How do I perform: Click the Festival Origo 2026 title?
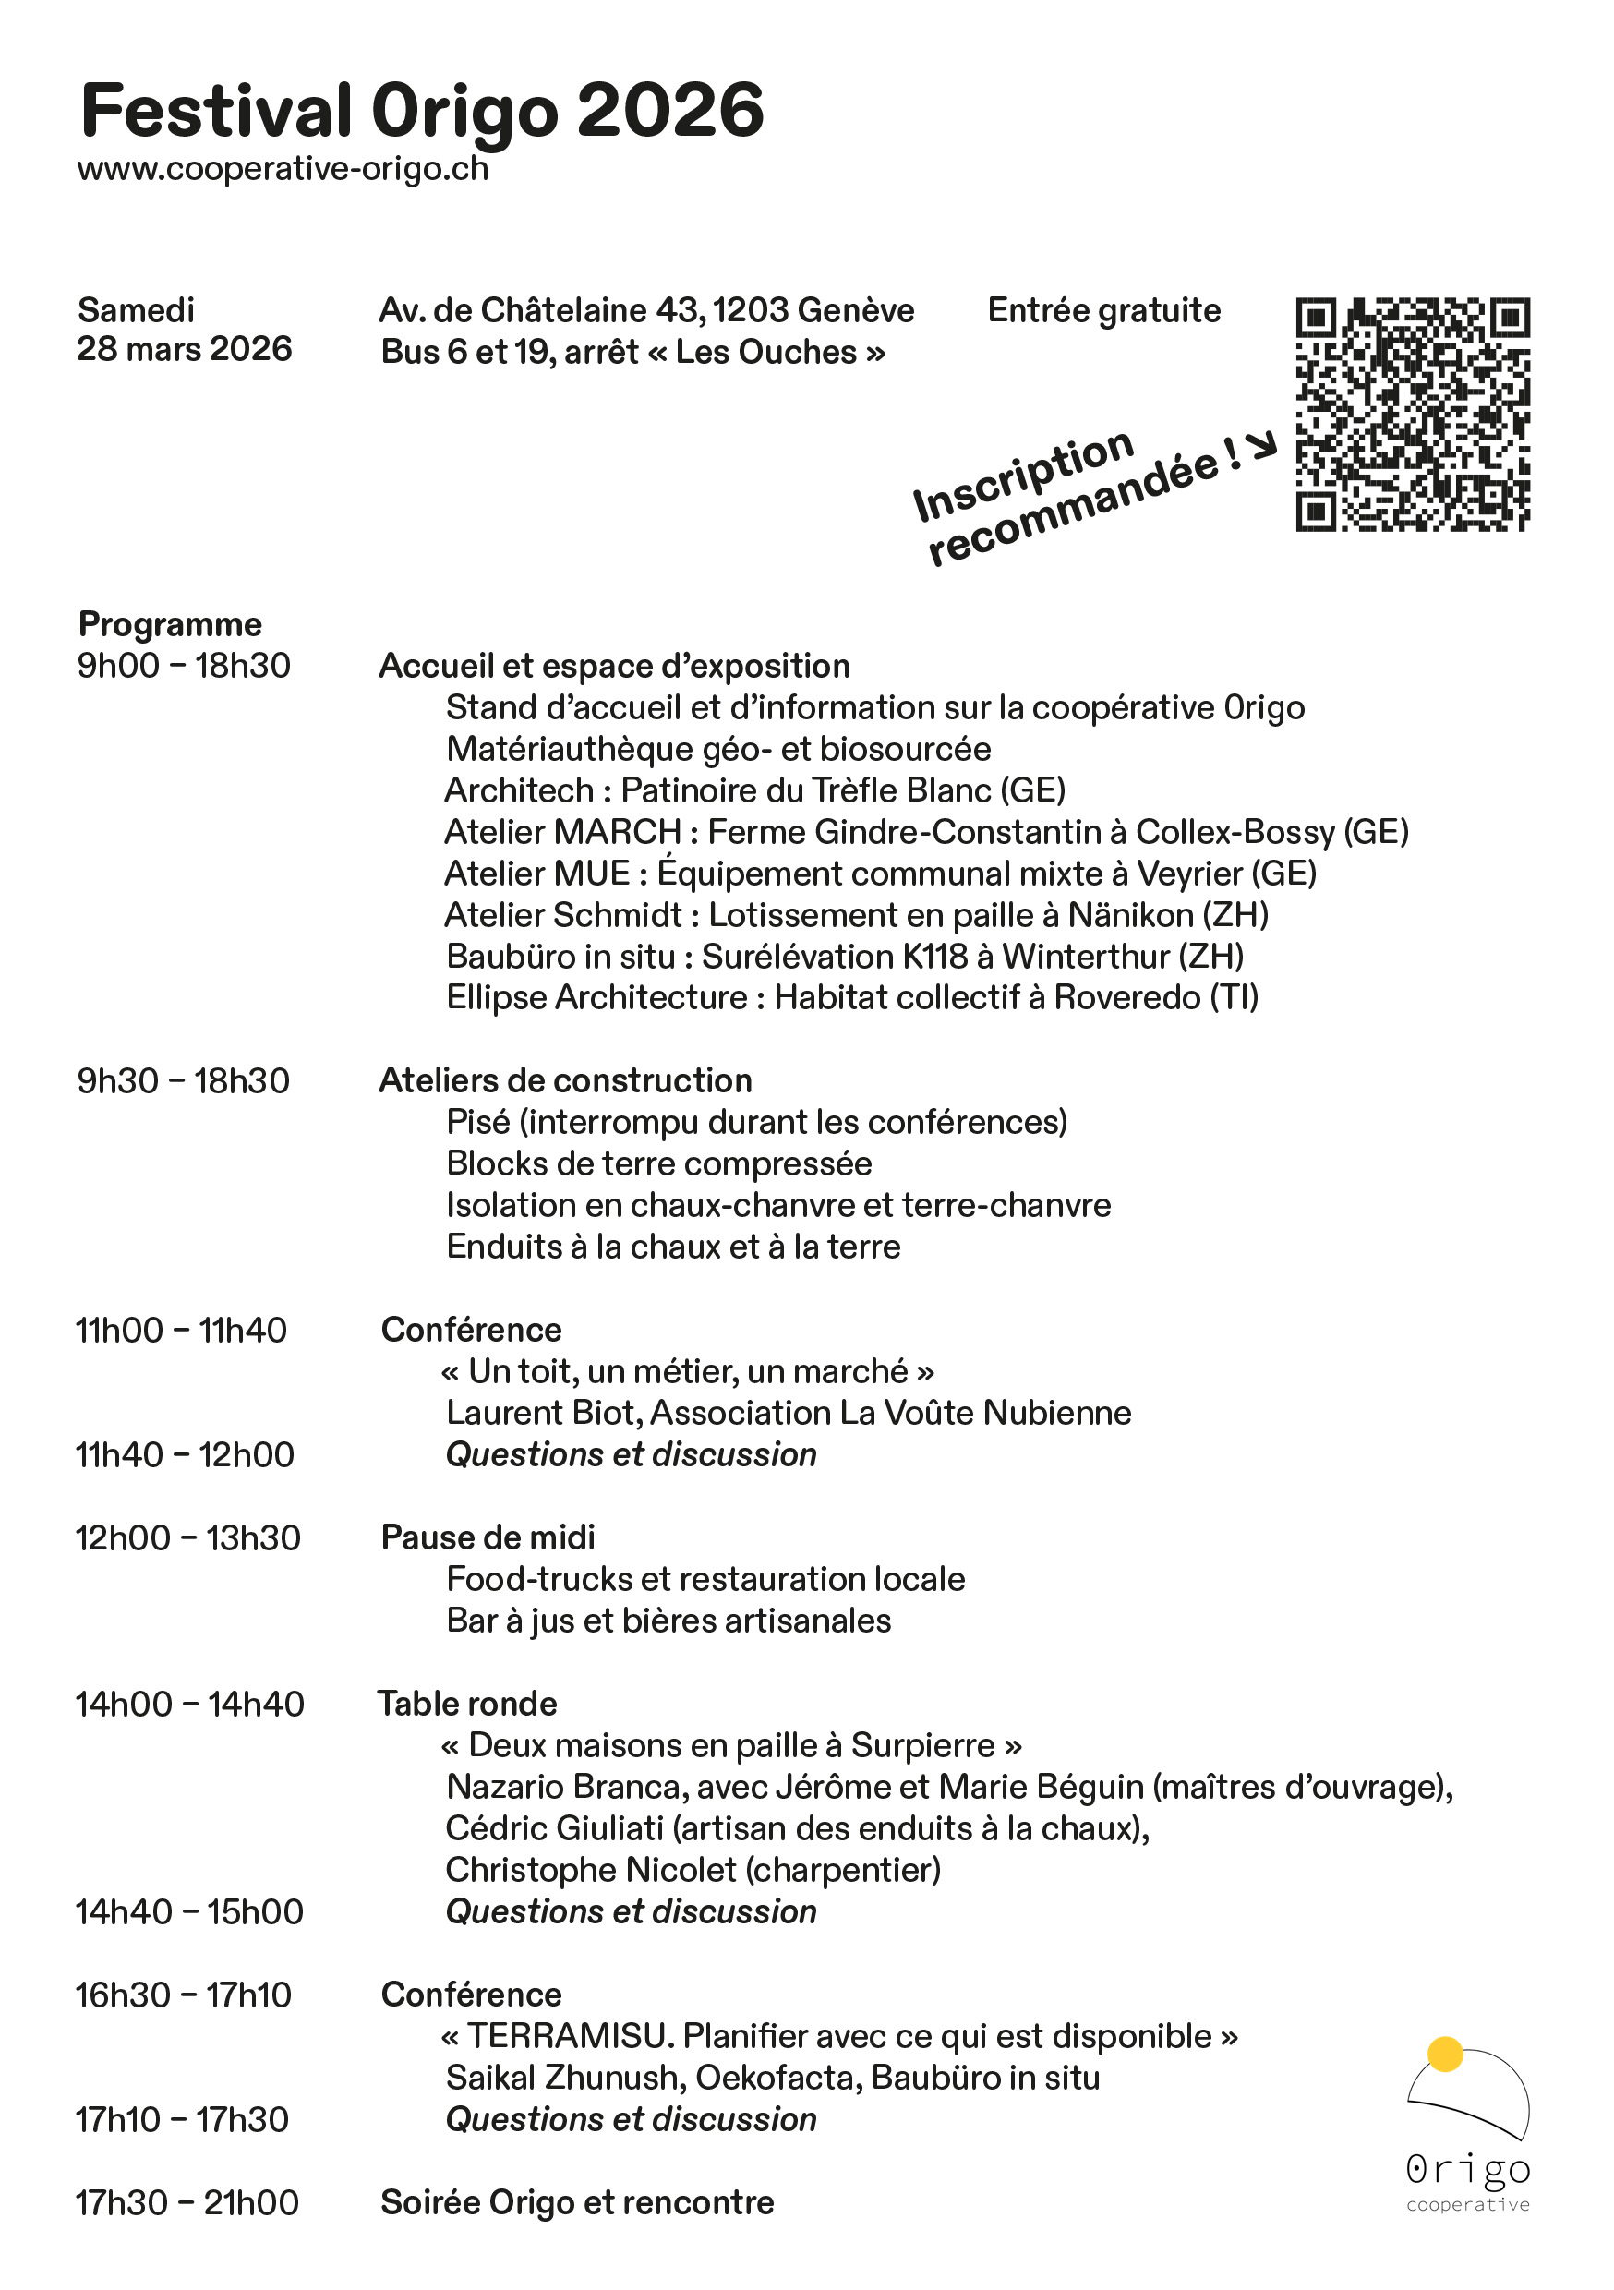click(422, 112)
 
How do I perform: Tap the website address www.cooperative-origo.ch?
click(283, 169)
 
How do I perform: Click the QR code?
click(1412, 414)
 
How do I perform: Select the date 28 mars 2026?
click(185, 349)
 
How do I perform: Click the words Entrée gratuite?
click(1103, 310)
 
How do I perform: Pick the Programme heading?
click(170, 624)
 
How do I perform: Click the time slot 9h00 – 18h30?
click(184, 665)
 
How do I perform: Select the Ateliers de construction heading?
click(566, 1080)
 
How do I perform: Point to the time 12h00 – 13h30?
click(187, 1538)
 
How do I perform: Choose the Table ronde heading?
click(467, 1704)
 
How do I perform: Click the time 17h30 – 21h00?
click(187, 2202)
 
